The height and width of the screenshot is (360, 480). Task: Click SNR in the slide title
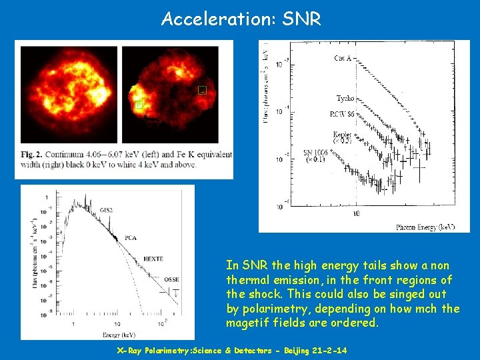click(x=301, y=19)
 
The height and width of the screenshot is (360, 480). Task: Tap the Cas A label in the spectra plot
click(x=344, y=58)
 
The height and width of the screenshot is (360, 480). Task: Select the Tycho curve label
click(x=345, y=99)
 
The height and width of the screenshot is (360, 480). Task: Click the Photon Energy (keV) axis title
click(x=425, y=227)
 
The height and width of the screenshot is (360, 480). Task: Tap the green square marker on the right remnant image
click(x=139, y=105)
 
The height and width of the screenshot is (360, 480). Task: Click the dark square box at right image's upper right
click(x=203, y=90)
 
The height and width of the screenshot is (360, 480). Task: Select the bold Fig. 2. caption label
click(x=33, y=155)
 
